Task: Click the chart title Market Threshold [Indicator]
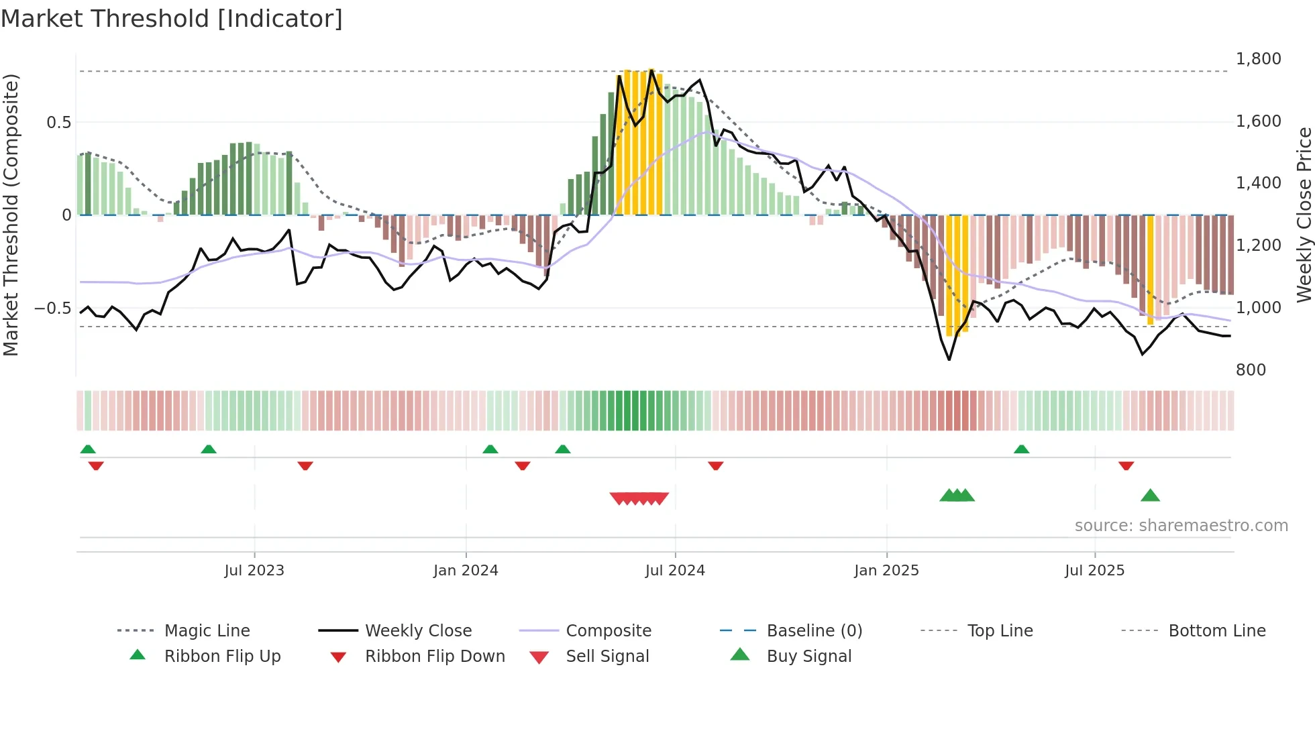[172, 19]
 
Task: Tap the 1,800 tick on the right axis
[1258, 59]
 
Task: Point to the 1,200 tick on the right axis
[1258, 245]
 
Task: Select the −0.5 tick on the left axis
[52, 308]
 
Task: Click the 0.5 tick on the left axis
[58, 123]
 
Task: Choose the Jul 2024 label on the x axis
[675, 571]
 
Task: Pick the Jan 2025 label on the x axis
[886, 571]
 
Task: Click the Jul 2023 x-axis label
[254, 571]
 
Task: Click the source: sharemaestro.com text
[1181, 526]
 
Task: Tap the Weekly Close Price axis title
[1304, 215]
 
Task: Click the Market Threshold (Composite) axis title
[11, 215]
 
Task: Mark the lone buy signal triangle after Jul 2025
[1150, 496]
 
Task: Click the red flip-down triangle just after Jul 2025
[1126, 465]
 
